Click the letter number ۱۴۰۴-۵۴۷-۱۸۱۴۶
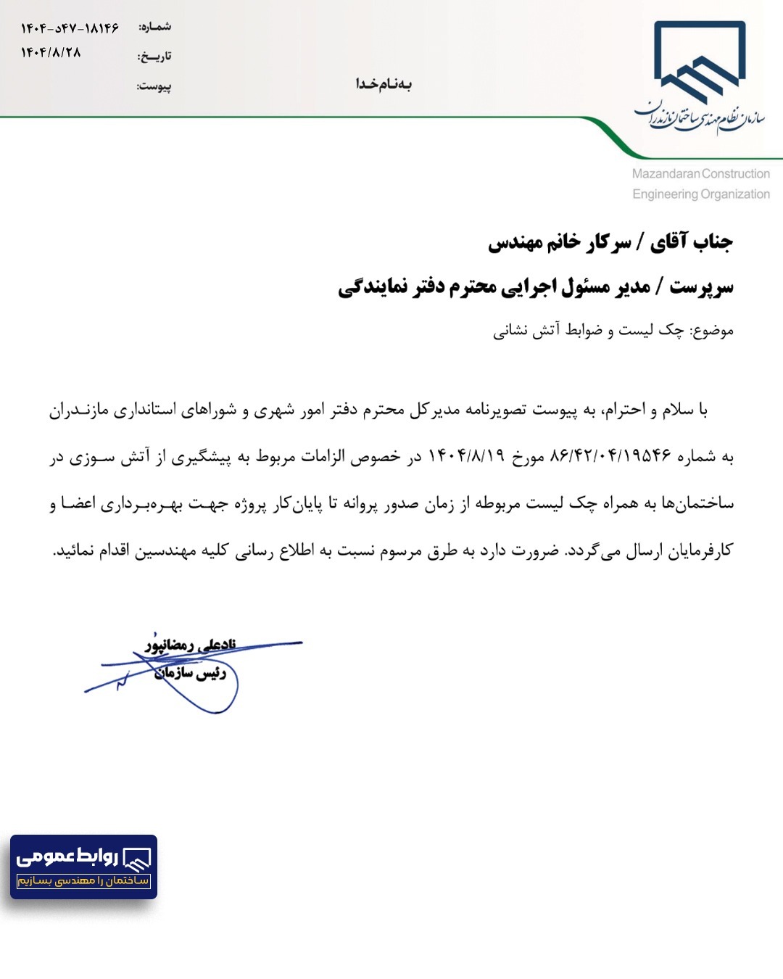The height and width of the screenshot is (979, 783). click(x=70, y=28)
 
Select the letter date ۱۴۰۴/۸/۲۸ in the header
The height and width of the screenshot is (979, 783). click(x=51, y=52)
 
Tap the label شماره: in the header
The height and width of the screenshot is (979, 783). click(x=155, y=27)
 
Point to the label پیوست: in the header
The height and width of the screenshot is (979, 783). click(x=154, y=86)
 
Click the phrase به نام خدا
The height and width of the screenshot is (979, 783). click(x=384, y=84)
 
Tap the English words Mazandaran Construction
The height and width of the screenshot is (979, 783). click(x=700, y=174)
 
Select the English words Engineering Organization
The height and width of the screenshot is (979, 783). click(x=700, y=194)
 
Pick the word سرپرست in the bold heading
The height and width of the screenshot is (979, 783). click(x=701, y=287)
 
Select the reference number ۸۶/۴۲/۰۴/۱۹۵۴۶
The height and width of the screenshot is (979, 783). click(x=610, y=456)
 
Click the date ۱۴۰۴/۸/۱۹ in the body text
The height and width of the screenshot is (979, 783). click(x=465, y=456)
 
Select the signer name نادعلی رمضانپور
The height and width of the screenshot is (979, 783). click(x=190, y=644)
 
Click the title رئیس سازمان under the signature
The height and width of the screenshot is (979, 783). click(x=190, y=673)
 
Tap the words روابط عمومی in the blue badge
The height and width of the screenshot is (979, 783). click(x=67, y=856)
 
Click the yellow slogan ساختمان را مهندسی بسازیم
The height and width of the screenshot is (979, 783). click(x=83, y=880)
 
